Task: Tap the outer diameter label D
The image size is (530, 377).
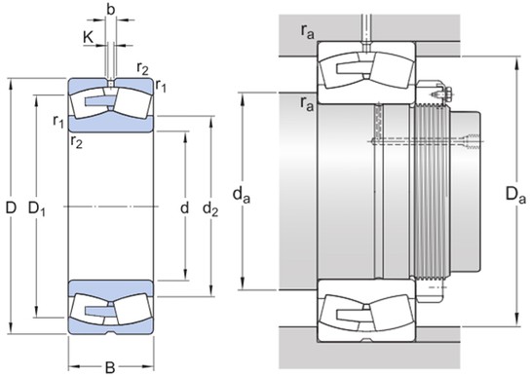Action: point(11,207)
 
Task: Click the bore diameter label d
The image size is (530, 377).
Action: point(184,207)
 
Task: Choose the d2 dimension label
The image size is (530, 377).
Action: point(209,207)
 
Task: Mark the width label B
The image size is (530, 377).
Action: point(109,367)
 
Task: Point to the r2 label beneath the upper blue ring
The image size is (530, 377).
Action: point(75,142)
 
